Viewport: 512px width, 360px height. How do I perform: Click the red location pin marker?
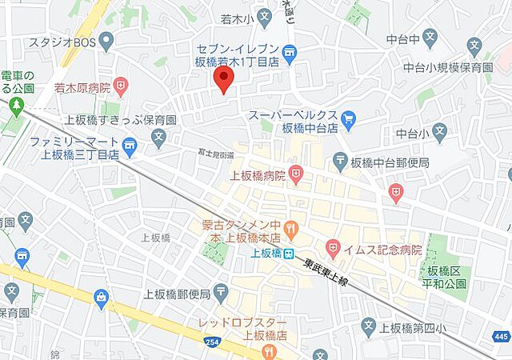225,80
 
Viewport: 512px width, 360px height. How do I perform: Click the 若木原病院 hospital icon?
121,84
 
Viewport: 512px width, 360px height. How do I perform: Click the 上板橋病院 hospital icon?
295,172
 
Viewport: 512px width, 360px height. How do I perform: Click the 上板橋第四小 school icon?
368,325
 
